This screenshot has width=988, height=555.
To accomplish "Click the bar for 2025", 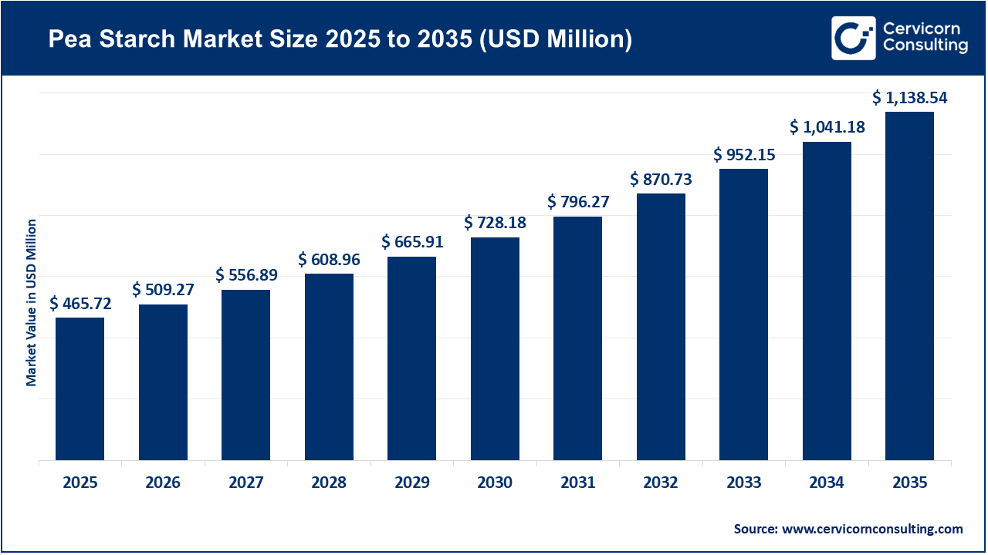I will click(x=80, y=388).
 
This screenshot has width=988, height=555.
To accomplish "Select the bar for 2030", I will click(x=495, y=348).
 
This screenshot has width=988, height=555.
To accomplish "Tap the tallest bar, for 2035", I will click(x=909, y=286).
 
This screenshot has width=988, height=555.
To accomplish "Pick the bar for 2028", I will click(x=329, y=367).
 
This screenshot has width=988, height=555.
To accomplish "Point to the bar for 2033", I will click(x=743, y=314).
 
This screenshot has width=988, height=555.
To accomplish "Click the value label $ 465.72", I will click(x=80, y=304).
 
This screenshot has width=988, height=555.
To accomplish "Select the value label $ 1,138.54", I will click(x=909, y=98).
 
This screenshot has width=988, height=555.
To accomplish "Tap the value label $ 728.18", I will click(x=495, y=223).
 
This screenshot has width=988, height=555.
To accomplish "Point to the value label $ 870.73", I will click(x=661, y=180).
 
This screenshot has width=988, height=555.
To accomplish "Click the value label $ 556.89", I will click(x=246, y=275).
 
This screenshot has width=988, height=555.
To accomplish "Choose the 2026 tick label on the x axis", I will click(x=163, y=483).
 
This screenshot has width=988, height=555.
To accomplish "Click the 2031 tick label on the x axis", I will click(x=577, y=483).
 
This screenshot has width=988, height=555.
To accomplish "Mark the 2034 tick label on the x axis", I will click(x=827, y=483).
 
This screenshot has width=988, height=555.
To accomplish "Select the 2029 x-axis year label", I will click(x=411, y=483).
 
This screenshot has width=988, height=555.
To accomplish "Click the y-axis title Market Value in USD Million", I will click(x=32, y=302).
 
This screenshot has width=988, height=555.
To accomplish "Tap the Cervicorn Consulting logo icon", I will click(x=853, y=38).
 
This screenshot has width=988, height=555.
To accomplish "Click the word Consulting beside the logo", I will click(x=925, y=46).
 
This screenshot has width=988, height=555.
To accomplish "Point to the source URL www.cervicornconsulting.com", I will click(x=872, y=529).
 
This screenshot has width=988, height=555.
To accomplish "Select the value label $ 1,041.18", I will click(x=827, y=127).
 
